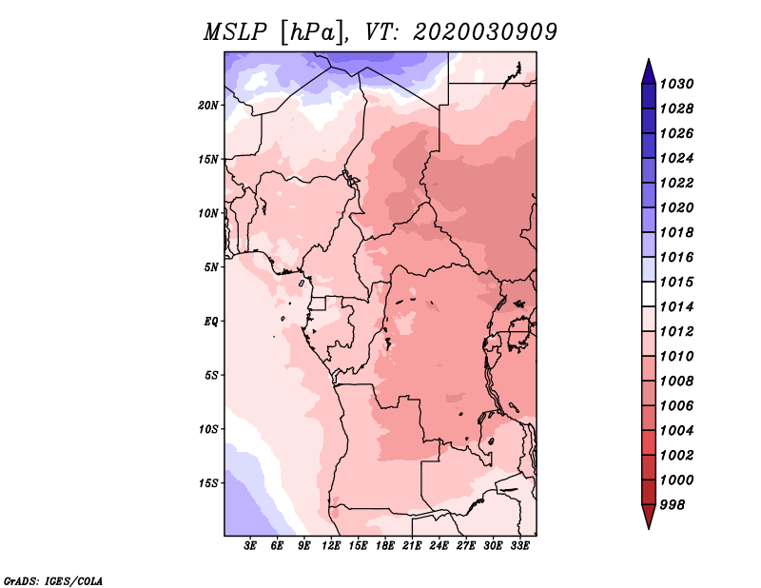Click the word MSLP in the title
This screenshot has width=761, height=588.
coord(235,32)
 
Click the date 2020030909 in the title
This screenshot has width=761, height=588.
coord(485,32)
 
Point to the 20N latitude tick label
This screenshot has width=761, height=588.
coord(208,106)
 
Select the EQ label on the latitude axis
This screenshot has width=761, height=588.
coord(211,322)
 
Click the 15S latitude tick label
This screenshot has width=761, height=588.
coord(208,483)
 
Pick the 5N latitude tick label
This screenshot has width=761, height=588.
coord(211,267)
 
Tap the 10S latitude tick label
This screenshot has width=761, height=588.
coord(208,429)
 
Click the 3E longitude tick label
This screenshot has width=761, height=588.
coord(250,546)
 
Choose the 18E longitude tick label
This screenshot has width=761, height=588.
coord(385,546)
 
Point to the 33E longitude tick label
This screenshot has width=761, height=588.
coord(519,546)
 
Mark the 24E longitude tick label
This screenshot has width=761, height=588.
coord(439,546)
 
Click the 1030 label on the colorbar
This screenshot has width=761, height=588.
coord(676,84)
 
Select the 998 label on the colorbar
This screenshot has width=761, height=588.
coord(673,505)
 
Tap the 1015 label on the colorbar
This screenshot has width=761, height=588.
coord(676,282)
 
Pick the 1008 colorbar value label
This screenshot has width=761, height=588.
coord(676,382)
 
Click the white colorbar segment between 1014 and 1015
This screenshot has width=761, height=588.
coord(649,294)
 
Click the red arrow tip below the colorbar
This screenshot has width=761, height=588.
coord(649,516)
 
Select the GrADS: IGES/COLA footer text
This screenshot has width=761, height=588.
coord(53,581)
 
